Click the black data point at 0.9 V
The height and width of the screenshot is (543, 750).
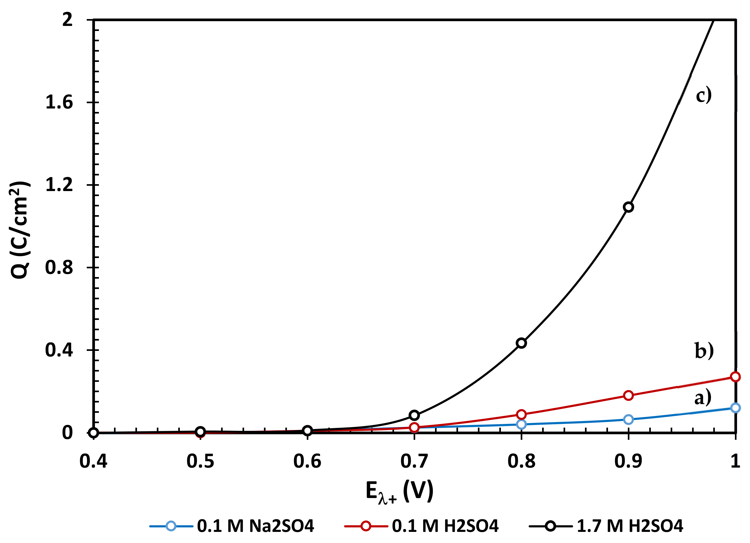click(628, 207)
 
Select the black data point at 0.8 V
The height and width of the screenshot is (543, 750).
click(521, 343)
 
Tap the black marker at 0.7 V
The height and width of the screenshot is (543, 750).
click(414, 415)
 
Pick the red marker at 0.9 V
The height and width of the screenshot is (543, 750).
click(628, 395)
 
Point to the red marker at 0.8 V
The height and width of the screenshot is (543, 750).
click(521, 414)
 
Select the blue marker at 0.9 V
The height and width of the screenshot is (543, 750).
click(628, 420)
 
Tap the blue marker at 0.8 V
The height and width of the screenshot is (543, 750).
click(521, 424)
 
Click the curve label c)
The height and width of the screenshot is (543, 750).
click(704, 95)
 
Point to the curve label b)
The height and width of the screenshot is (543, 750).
click(704, 351)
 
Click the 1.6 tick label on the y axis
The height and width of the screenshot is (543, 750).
click(59, 102)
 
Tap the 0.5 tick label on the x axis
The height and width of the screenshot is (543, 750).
click(200, 461)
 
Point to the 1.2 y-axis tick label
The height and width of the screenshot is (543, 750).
click(59, 184)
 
